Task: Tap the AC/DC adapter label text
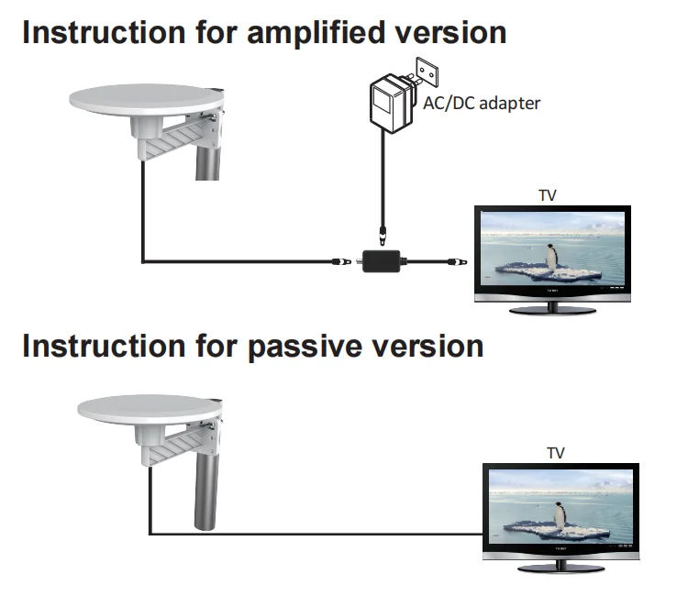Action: (481, 103)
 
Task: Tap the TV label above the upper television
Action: (548, 195)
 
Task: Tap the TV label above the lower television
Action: (555, 453)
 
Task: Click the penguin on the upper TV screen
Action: (551, 258)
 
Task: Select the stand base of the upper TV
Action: (552, 310)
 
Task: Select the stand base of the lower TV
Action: (560, 568)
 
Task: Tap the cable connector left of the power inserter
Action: (341, 262)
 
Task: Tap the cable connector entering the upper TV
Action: (451, 262)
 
